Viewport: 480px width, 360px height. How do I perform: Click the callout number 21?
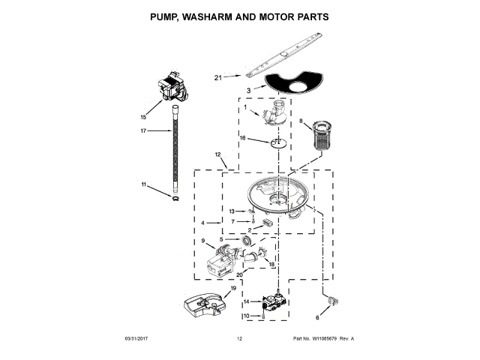(x=218, y=77)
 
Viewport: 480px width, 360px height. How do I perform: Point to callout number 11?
(x=143, y=184)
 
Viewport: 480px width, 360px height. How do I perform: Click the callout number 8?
(x=301, y=121)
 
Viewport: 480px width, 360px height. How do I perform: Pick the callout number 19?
(x=233, y=288)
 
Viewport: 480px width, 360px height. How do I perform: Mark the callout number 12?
(x=218, y=155)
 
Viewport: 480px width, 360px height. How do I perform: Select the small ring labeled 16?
(x=277, y=142)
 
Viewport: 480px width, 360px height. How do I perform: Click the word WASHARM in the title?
(x=224, y=16)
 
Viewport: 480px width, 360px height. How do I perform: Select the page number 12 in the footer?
(x=239, y=340)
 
